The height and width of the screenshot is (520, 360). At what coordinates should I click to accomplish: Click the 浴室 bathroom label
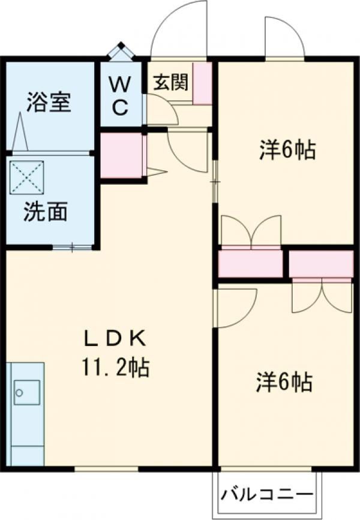[49, 102]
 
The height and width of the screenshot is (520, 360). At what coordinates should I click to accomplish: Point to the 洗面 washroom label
[45, 211]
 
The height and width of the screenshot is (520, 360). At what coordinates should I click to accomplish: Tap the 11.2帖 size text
[116, 367]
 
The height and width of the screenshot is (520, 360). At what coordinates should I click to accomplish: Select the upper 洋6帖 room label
[287, 149]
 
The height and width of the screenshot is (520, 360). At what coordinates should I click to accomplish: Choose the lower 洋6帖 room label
[284, 383]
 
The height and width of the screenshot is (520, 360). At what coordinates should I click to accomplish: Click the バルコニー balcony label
[268, 496]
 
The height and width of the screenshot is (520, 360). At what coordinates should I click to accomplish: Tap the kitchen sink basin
[26, 393]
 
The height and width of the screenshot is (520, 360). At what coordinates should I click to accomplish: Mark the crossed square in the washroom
[27, 177]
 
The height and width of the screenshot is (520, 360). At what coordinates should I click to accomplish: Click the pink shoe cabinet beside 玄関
[203, 83]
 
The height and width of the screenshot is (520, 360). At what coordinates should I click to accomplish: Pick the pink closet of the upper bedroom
[251, 263]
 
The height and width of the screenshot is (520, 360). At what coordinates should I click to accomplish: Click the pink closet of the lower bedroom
[321, 264]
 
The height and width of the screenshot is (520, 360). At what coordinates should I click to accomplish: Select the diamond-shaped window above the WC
[121, 52]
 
